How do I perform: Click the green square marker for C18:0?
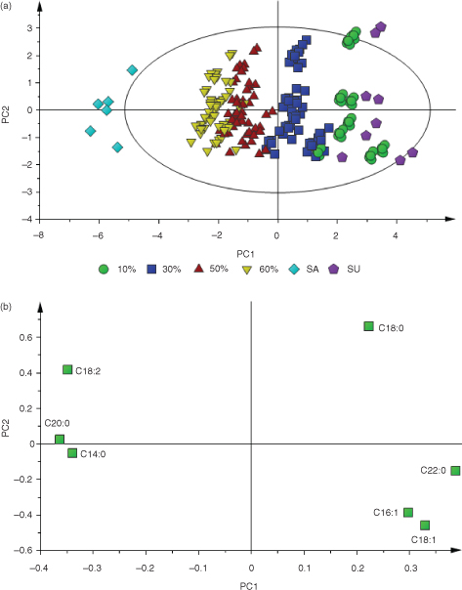[x=368, y=326]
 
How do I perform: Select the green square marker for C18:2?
[x=67, y=369]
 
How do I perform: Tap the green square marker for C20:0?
[x=60, y=440]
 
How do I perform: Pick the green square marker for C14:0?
[x=72, y=453]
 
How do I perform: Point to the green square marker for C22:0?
[x=455, y=471]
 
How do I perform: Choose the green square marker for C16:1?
[x=408, y=512]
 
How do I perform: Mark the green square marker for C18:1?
[x=425, y=525]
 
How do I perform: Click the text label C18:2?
[x=88, y=371]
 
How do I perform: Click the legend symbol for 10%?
[x=104, y=270]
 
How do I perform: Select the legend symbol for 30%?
[x=151, y=270]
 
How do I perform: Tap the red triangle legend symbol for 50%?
[x=198, y=269]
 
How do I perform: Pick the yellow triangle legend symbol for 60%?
[x=246, y=270]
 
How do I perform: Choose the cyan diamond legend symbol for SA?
[x=294, y=270]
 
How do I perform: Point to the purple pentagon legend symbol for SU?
[x=334, y=270]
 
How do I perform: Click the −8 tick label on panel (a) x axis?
[x=38, y=236]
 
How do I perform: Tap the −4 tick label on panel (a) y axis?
[x=28, y=219]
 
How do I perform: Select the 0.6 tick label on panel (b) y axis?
[x=24, y=337]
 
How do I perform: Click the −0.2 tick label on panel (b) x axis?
[x=146, y=569]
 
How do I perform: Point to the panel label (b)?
[x=6, y=307]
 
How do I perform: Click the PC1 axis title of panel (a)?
[x=246, y=255]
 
